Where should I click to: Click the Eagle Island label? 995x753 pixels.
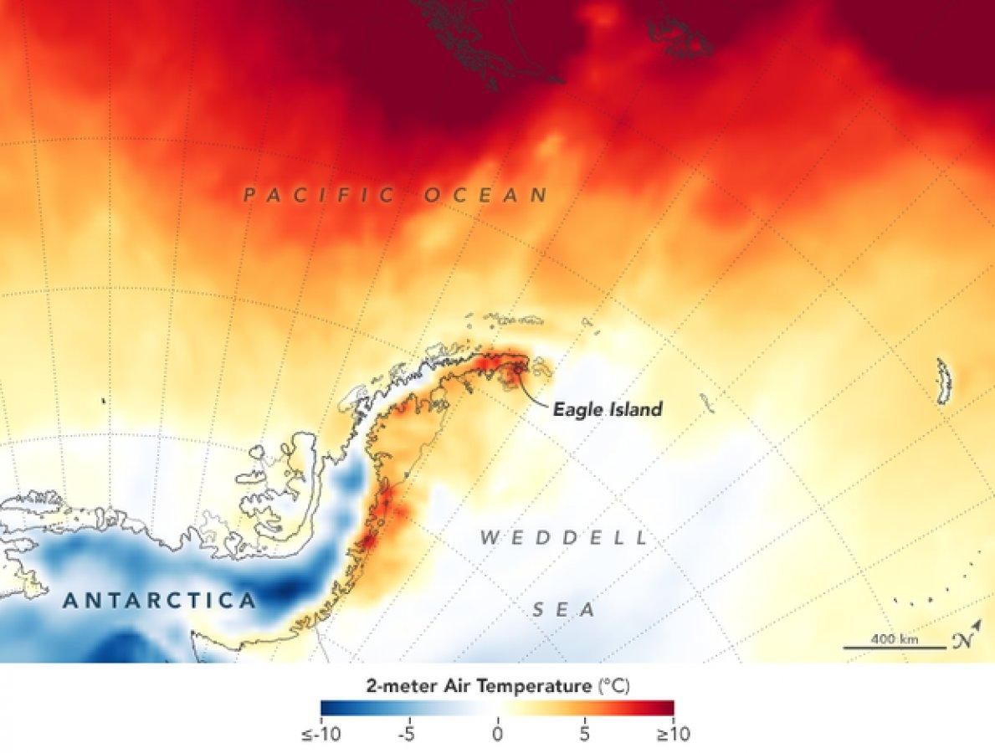point(607,409)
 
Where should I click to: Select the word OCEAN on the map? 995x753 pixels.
point(486,196)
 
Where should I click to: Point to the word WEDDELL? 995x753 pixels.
point(564,537)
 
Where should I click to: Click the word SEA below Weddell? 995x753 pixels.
point(564,611)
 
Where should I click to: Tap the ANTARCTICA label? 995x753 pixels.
point(159,601)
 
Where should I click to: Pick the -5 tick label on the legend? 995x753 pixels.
point(407,735)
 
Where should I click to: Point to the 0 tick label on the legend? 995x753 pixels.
point(497,735)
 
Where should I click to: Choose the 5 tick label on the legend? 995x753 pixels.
point(584,735)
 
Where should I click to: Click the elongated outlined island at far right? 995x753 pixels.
point(944,382)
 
